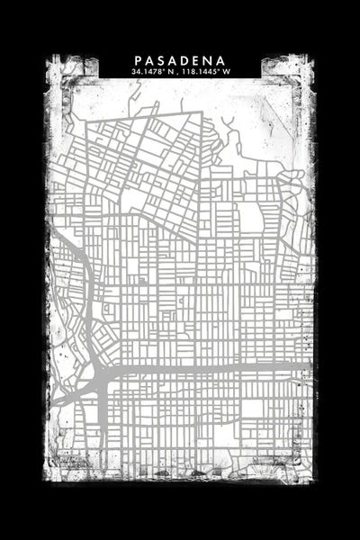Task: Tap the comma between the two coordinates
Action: [178, 73]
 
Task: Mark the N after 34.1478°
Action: [171, 71]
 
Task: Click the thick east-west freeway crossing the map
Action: [207, 368]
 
